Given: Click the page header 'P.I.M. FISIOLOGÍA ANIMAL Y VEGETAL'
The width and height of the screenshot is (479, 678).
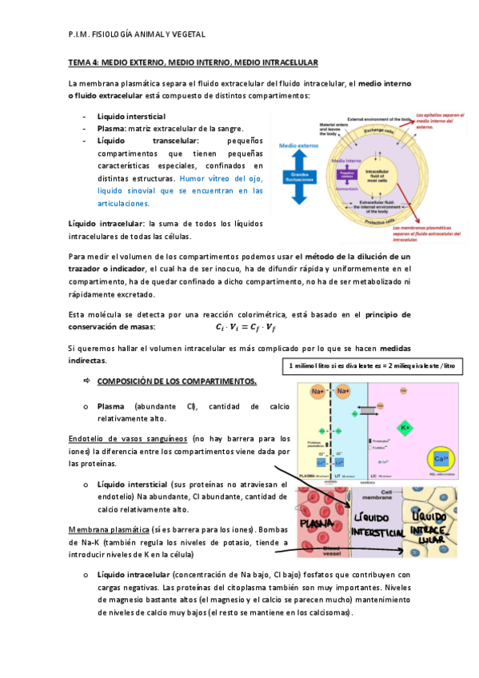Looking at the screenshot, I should pos(137,34).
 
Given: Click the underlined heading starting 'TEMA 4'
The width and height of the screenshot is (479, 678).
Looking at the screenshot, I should pos(194,62).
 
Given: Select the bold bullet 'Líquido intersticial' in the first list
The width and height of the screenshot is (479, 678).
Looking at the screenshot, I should pos(131,117).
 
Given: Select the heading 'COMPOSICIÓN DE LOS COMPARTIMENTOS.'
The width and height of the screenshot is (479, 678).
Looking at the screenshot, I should pos(177,381).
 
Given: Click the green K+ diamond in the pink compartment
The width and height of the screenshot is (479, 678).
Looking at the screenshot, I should pos(405,427).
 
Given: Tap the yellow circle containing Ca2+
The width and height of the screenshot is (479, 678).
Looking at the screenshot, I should pos(440,460).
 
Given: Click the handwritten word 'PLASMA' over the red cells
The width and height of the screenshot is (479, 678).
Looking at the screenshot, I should pos(321,524).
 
